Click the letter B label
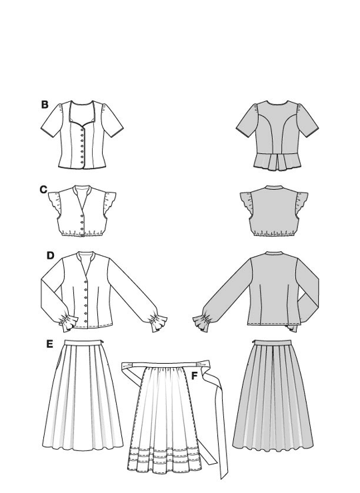click(45, 105)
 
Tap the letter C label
click(44, 190)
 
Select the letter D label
click(51, 256)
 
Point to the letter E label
click(49, 344)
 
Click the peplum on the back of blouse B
click(276, 163)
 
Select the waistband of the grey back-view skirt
click(273, 342)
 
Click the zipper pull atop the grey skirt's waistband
click(254, 341)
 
